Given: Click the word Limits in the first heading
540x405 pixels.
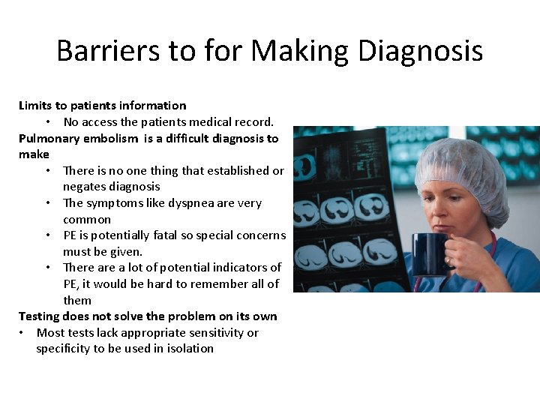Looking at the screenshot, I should tap(35, 106).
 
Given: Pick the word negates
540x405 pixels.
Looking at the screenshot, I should tap(84, 187).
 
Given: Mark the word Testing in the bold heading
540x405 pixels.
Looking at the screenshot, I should tap(39, 316).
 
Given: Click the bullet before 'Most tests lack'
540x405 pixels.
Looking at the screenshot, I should tap(23, 333).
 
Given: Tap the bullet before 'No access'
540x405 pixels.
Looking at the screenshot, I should tap(48, 121).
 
